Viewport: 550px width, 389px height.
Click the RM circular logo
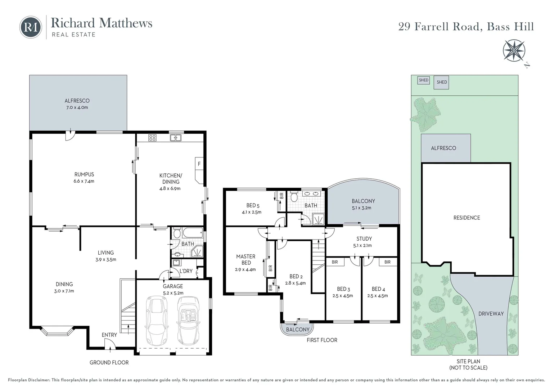(x=31, y=27)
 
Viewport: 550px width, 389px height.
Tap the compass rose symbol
(x=514, y=51)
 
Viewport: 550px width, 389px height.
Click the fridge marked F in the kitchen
(x=199, y=164)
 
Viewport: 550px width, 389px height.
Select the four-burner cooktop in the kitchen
(x=152, y=138)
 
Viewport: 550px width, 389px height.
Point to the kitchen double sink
(x=176, y=138)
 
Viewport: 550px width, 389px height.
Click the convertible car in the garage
(x=188, y=321)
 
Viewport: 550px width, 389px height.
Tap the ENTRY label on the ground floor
(x=109, y=335)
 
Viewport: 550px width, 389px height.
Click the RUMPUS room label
(x=84, y=174)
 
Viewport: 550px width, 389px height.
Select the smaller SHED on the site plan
(x=424, y=80)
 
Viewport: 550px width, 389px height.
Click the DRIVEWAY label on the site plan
(x=491, y=314)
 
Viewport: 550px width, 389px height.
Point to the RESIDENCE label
(x=466, y=218)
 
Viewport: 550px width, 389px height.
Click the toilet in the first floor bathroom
(x=294, y=197)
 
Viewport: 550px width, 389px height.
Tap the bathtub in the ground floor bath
(x=193, y=232)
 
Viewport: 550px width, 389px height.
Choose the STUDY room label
(x=364, y=238)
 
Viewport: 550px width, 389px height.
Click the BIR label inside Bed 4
(x=387, y=262)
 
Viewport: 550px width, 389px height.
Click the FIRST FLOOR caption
(x=322, y=340)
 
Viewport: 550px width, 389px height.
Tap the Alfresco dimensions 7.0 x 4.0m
(x=77, y=107)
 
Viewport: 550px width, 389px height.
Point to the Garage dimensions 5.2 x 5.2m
(x=173, y=293)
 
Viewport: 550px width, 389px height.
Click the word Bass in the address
(x=498, y=27)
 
